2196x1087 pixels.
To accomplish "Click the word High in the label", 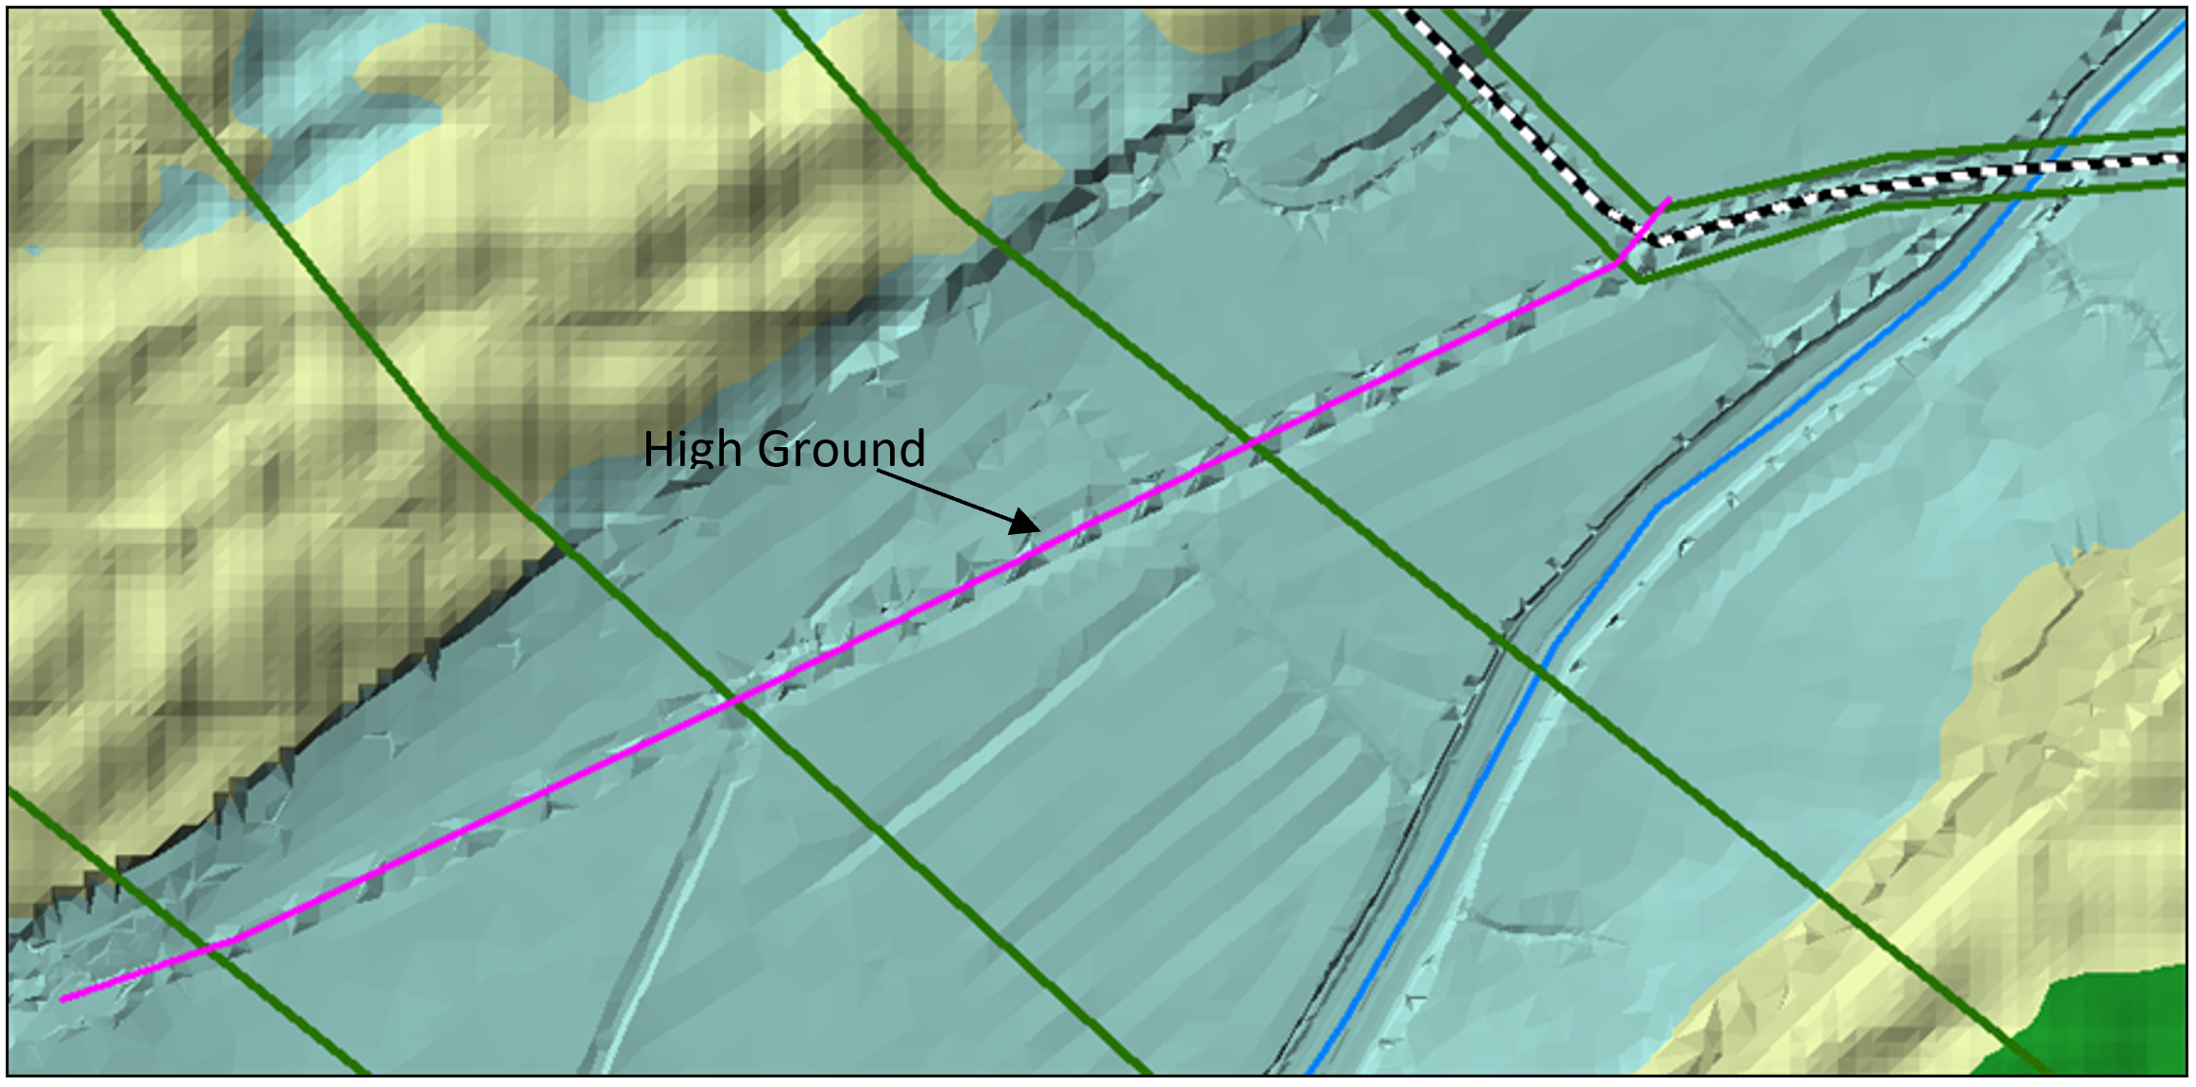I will (x=693, y=450).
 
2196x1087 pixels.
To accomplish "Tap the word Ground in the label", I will (x=841, y=450).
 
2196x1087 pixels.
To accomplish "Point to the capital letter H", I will (x=659, y=449).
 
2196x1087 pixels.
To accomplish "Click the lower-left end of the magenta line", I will (x=62, y=998).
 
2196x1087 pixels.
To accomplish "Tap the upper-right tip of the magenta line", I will (x=1670, y=198).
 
